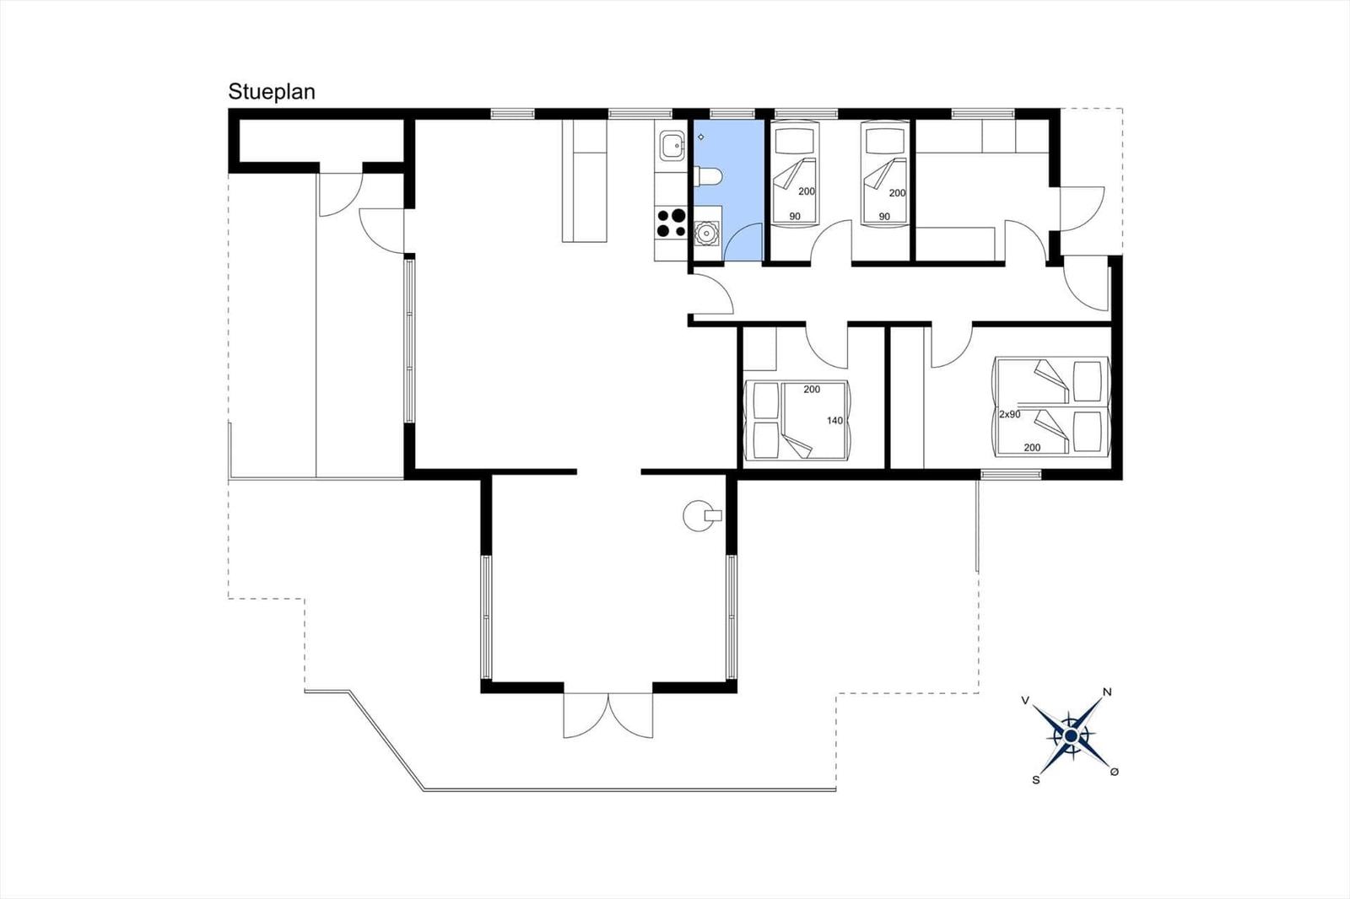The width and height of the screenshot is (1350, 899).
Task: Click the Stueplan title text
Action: coord(271,92)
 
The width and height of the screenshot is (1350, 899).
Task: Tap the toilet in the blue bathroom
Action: coord(708,176)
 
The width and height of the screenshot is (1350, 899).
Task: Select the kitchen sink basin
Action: coord(671,145)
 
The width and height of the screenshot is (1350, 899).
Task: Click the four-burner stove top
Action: coord(671,223)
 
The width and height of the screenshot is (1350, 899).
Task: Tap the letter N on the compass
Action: coord(1106,692)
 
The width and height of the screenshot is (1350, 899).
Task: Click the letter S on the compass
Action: coord(1036,780)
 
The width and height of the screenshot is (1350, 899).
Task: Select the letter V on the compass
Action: coord(1025,700)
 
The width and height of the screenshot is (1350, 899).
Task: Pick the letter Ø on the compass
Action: coord(1115,772)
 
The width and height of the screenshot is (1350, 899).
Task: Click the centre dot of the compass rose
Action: coord(1071,735)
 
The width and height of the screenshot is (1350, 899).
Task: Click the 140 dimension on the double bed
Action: coord(834,421)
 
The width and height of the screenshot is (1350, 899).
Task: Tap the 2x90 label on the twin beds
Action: coord(1010,415)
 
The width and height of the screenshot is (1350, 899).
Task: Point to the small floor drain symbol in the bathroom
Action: coord(701,137)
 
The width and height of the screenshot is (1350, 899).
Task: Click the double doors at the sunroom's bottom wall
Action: coord(608,715)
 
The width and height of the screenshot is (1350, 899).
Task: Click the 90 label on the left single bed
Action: coord(795,216)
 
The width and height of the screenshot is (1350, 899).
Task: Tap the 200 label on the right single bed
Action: coord(898,193)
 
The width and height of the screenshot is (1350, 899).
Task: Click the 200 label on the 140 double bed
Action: coord(812,390)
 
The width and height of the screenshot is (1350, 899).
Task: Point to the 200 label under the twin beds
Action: coord(1033,448)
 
